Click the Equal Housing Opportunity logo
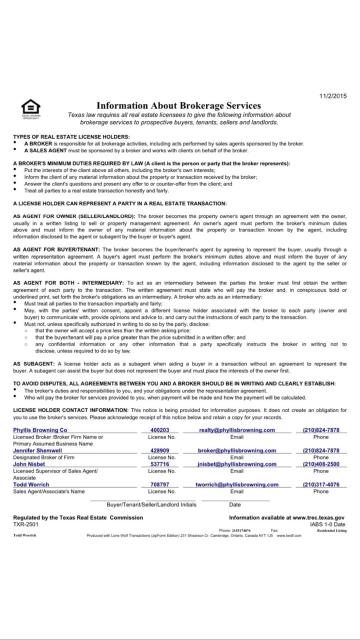30,108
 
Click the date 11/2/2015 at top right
332,96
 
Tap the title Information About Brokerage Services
178,105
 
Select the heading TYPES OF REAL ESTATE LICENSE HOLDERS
71,136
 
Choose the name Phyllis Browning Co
40,430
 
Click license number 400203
160,430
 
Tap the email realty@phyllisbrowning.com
237,430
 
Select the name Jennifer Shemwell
37,450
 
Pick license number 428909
160,450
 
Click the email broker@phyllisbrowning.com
237,450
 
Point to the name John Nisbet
29,464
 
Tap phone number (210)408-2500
321,464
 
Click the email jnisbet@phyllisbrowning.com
237,464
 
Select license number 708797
160,484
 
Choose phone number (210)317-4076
321,484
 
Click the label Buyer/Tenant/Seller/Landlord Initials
151,504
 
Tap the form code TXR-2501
25,524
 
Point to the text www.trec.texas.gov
318,517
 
